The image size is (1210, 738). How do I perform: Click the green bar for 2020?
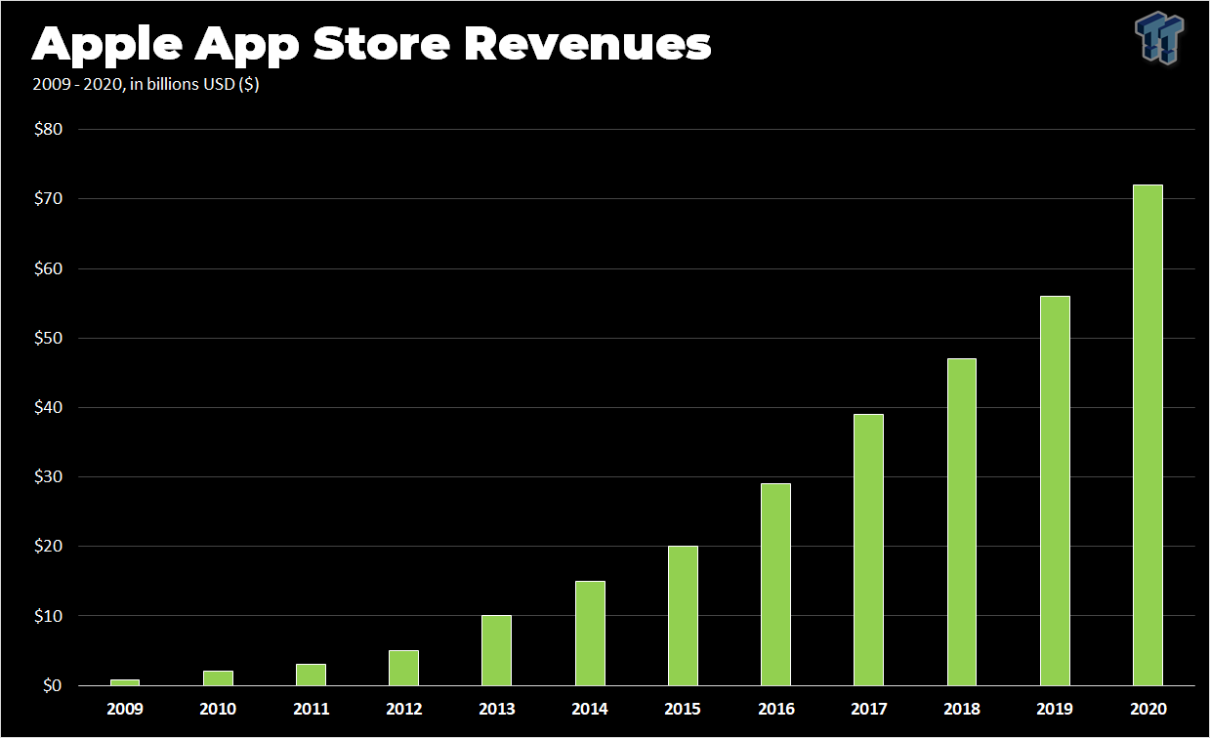click(x=1147, y=435)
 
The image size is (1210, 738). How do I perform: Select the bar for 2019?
click(x=1055, y=491)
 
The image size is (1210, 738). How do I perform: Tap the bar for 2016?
click(x=775, y=585)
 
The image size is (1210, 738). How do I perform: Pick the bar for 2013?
click(x=496, y=650)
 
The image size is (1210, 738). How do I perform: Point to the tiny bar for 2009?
click(x=124, y=682)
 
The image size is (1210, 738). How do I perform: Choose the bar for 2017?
click(x=868, y=550)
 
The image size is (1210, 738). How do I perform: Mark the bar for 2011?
click(x=311, y=675)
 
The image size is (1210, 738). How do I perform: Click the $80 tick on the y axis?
click(x=47, y=129)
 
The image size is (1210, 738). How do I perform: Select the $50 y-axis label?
click(x=47, y=338)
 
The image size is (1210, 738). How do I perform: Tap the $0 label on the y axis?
click(x=51, y=686)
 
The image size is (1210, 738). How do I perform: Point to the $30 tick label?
click(x=47, y=477)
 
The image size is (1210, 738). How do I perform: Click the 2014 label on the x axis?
click(x=590, y=710)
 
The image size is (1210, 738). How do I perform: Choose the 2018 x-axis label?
click(x=961, y=710)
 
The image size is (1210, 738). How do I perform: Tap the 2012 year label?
click(x=403, y=710)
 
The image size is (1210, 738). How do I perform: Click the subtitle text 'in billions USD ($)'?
click(x=194, y=85)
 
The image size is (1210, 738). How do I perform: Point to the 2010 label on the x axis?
click(x=217, y=710)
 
